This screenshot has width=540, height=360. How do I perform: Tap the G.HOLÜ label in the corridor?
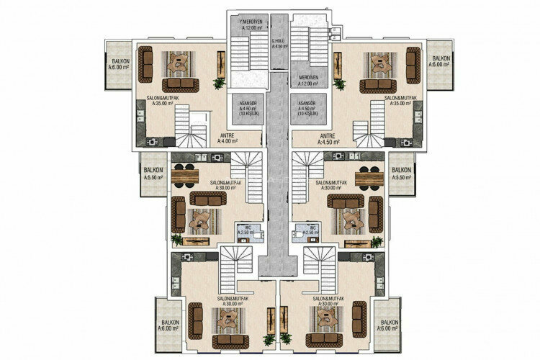click(279, 44)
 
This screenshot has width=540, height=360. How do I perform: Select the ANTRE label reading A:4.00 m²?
click(228, 139)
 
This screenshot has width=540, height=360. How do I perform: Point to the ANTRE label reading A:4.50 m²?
click(328, 139)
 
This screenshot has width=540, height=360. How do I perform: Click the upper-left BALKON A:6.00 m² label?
click(117, 60)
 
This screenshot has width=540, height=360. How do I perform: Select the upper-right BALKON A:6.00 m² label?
click(440, 60)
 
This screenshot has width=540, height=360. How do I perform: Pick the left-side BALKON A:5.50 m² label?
click(153, 173)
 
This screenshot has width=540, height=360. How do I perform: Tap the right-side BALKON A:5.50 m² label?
click(401, 173)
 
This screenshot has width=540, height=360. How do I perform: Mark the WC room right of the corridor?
click(309, 231)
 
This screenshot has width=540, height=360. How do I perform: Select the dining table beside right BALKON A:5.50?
click(370, 175)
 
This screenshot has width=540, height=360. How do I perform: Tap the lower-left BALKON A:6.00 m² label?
click(170, 326)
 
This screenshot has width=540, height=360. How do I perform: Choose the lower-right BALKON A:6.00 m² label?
click(389, 326)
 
